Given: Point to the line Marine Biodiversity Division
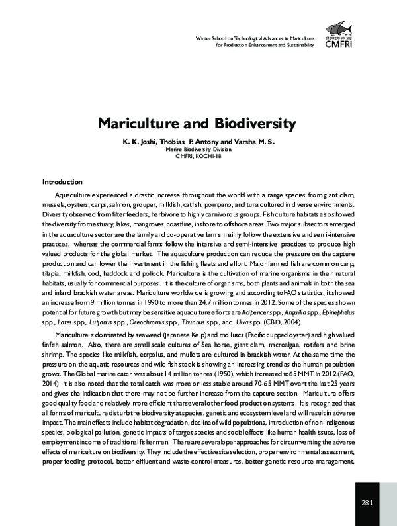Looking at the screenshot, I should [x=198, y=150].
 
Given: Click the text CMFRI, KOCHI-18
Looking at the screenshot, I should [x=198, y=158].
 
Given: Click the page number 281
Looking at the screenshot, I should [x=369, y=504].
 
